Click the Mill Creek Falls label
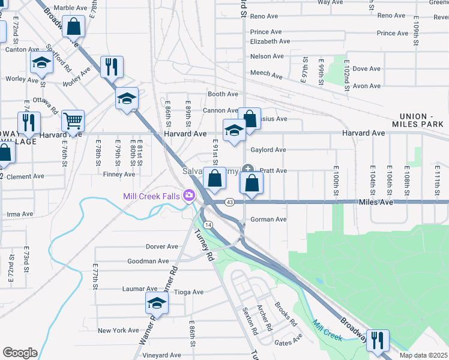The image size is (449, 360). pos(152,196)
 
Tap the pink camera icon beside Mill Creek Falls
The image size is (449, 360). pos(189,196)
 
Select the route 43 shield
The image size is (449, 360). pos(230,202)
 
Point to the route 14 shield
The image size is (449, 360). pos(208,224)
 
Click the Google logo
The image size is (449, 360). pos(19,353)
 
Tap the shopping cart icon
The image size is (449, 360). pos(73,121)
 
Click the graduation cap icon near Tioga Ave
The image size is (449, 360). pos(157,303)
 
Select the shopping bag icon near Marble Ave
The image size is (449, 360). pos(74,28)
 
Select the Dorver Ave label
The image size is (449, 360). pos(162,247)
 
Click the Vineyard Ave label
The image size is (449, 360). pos(161,356)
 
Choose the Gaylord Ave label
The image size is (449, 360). pos(268,150)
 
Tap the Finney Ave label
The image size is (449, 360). pos(119,175)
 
